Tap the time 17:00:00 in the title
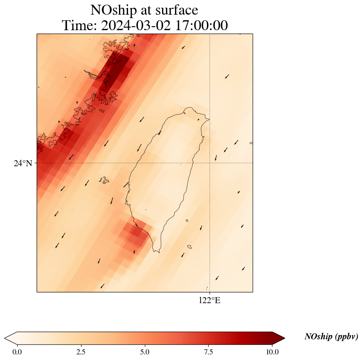coord(201,26)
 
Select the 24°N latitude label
coord(23,163)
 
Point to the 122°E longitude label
coord(210,301)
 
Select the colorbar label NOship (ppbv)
coord(331,337)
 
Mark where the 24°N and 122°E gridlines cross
coord(210,163)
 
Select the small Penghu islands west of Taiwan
coord(104,180)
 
